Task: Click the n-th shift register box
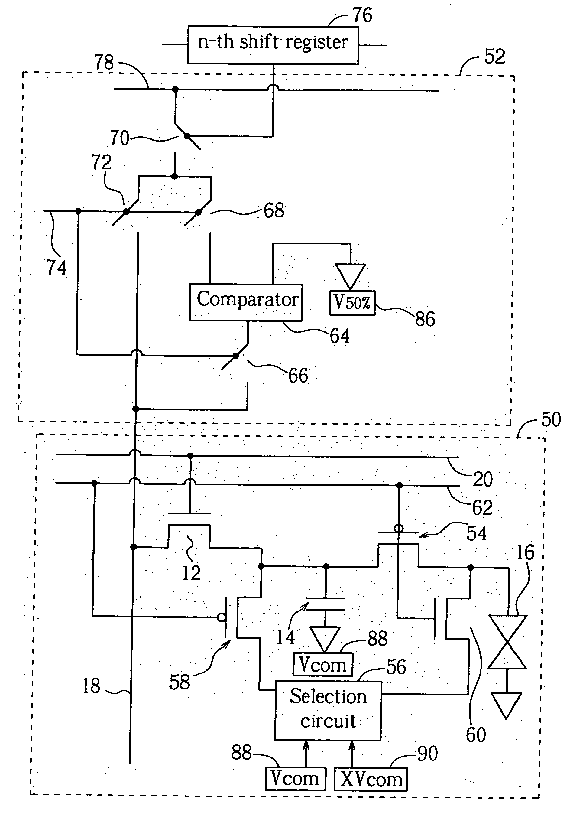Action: pyautogui.click(x=273, y=45)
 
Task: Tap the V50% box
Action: pyautogui.click(x=352, y=303)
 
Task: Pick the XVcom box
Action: pyautogui.click(x=371, y=779)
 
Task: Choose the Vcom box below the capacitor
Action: pyautogui.click(x=323, y=664)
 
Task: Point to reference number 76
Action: pyautogui.click(x=363, y=15)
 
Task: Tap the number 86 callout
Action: pyautogui.click(x=425, y=319)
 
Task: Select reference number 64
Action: pyautogui.click(x=339, y=336)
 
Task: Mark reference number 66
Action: pyautogui.click(x=298, y=376)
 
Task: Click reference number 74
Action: pyautogui.click(x=56, y=267)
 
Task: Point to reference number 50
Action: pyautogui.click(x=551, y=419)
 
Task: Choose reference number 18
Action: pyautogui.click(x=91, y=686)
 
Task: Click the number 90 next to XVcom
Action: pyautogui.click(x=428, y=754)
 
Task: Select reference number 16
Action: pyautogui.click(x=525, y=552)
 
